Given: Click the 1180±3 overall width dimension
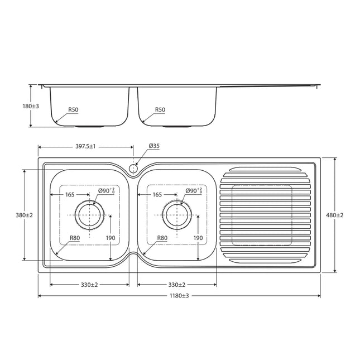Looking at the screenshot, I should click(x=180, y=296).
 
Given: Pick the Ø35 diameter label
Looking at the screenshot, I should click(x=154, y=146).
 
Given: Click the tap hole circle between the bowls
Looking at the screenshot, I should click(x=133, y=167).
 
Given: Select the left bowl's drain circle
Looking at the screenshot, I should click(x=89, y=215).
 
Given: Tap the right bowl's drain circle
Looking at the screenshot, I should click(x=176, y=215).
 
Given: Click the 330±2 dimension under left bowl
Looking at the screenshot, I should click(x=89, y=285).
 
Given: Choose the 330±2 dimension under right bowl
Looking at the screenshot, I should click(x=177, y=285).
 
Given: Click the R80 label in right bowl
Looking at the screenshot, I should click(x=162, y=238).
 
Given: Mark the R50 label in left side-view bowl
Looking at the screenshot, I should click(x=73, y=111).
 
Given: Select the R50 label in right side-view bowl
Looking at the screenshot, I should click(x=161, y=111).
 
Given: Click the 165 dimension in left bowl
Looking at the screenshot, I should click(x=70, y=195).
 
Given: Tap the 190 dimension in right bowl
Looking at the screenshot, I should click(x=198, y=238).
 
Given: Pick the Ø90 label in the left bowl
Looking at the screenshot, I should click(x=106, y=191).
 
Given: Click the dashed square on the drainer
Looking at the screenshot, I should click(x=262, y=215).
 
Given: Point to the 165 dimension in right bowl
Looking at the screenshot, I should click(x=157, y=195).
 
